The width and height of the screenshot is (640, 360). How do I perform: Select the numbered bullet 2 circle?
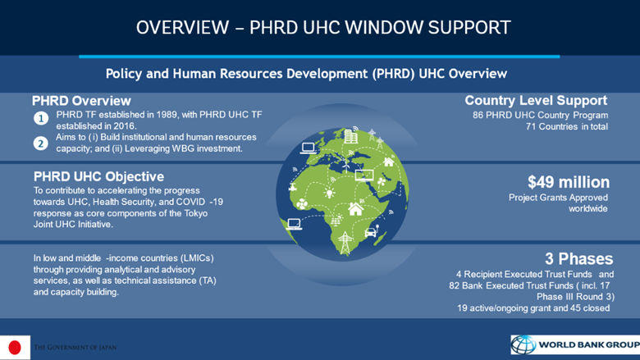tap(40, 144)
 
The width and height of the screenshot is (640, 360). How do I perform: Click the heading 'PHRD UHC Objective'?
tap(98, 176)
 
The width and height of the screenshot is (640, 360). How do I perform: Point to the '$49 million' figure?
tap(568, 181)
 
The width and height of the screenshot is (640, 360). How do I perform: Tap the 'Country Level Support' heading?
tap(535, 101)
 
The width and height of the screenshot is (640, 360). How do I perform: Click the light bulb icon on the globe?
tap(329, 194)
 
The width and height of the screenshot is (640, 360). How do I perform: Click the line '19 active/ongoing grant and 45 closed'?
tap(535, 308)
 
